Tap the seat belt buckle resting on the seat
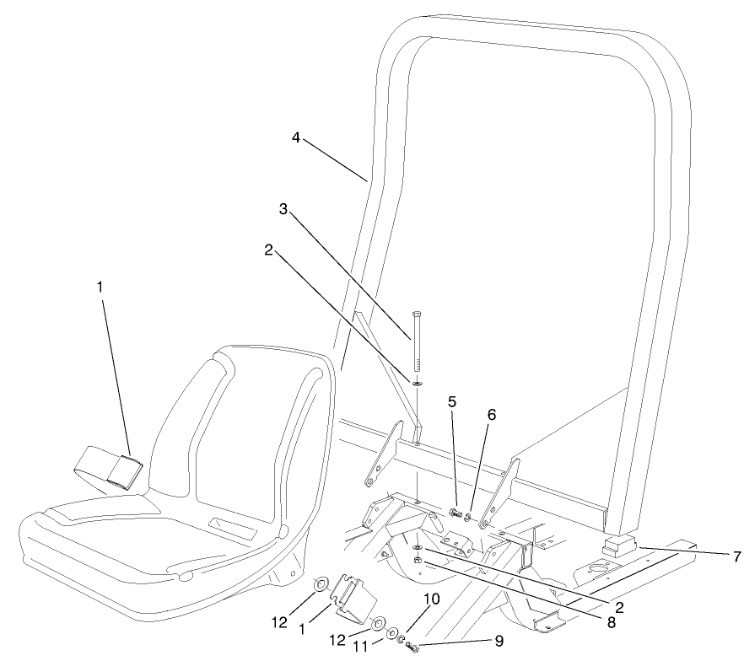121,473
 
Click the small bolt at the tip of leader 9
412,647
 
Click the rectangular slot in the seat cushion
231,529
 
